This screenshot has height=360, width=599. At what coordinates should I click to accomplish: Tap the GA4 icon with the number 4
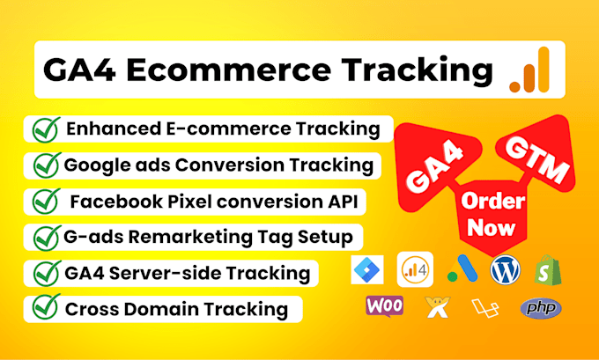[414, 270]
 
